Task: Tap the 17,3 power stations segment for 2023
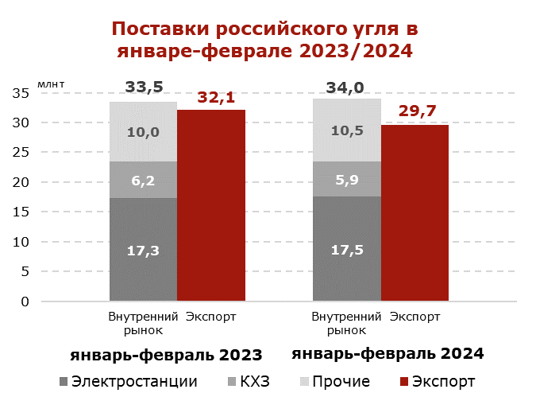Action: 143,250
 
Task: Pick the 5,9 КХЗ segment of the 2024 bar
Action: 347,179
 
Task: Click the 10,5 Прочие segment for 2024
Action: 347,130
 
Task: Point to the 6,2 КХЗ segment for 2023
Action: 143,181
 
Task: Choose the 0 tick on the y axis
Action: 25,302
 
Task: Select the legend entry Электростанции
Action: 134,380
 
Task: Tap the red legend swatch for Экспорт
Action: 404,380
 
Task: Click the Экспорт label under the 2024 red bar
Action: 415,317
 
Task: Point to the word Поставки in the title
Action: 157,30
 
